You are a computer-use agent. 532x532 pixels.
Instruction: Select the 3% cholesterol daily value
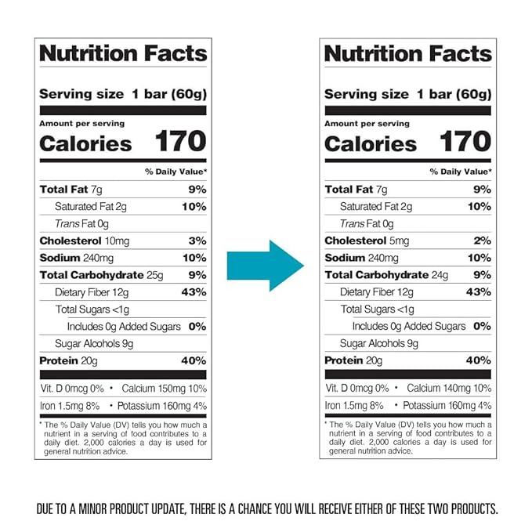point(198,241)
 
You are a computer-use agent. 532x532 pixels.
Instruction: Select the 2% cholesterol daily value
point(483,241)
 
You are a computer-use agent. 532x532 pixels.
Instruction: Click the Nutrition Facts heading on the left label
point(123,53)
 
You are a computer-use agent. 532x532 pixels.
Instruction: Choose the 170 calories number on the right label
point(465,142)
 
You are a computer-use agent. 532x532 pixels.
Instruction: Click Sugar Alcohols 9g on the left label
point(94,343)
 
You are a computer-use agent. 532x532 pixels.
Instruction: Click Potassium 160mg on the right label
point(437,405)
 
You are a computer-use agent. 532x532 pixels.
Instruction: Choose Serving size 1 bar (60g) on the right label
point(407,94)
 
